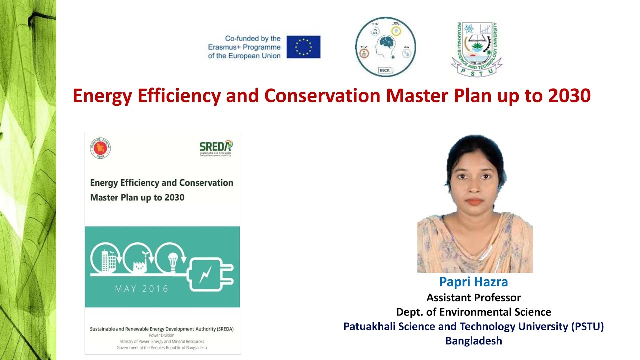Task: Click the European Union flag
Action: [x=303, y=47]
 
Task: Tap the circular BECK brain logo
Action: [x=385, y=47]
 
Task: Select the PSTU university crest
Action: [x=476, y=49]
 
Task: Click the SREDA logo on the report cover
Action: [x=216, y=148]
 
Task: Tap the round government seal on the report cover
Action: [x=100, y=148]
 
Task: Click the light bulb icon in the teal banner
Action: [x=173, y=260]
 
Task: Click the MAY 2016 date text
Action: [x=142, y=289]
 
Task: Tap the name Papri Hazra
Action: [x=473, y=282]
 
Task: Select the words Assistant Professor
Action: [x=473, y=298]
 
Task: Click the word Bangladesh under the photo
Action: [x=473, y=341]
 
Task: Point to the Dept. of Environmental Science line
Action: [x=473, y=312]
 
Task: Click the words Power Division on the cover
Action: [x=161, y=335]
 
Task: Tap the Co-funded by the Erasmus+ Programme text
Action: [x=244, y=47]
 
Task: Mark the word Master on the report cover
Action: [x=104, y=197]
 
